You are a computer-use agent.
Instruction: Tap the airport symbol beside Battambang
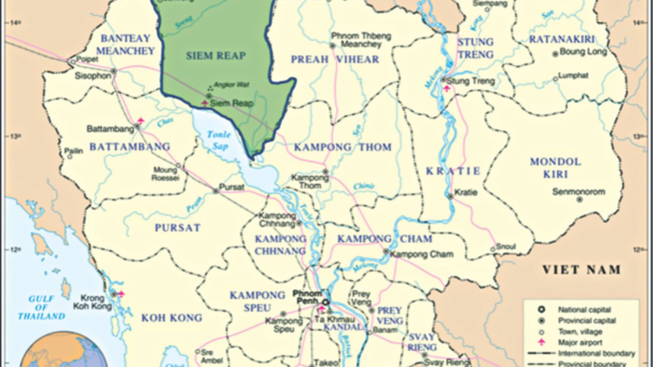[x=141, y=121]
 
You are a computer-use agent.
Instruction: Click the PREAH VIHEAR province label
[x=335, y=59]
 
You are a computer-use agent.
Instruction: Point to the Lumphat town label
[x=570, y=75]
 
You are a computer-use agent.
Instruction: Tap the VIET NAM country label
[x=581, y=270]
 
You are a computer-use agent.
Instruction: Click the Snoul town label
[x=507, y=247]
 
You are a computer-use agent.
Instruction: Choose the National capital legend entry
[x=583, y=310]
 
